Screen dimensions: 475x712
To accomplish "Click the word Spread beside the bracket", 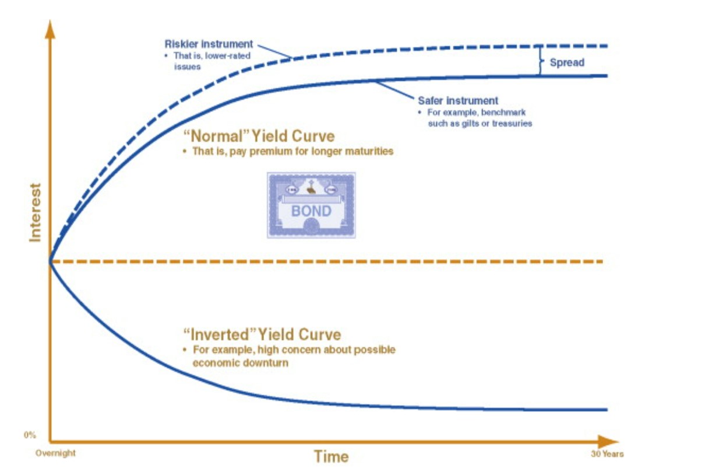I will pyautogui.click(x=566, y=62).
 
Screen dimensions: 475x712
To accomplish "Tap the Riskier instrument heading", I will pyautogui.click(x=209, y=44).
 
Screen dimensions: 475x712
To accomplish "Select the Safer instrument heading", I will pyautogui.click(x=458, y=100).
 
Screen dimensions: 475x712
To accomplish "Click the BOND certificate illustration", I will pyautogui.click(x=311, y=205).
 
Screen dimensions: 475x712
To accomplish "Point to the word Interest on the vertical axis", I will pyautogui.click(x=36, y=212).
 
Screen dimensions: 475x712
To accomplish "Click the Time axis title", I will pyautogui.click(x=331, y=456).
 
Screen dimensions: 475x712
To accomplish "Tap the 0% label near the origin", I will pyautogui.click(x=30, y=435).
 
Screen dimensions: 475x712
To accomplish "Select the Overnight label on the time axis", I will pyautogui.click(x=55, y=453).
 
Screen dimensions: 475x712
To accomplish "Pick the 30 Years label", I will pyautogui.click(x=607, y=453).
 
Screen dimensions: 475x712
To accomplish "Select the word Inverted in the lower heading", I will pyautogui.click(x=219, y=334).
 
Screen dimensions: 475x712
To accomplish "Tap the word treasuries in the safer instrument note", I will pyautogui.click(x=512, y=124).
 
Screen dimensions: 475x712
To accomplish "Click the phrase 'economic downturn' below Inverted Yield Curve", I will pyautogui.click(x=240, y=362).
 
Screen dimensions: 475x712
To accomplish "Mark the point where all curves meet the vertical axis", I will pyautogui.click(x=51, y=261).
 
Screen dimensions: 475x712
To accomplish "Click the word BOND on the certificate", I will pyautogui.click(x=311, y=211).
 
